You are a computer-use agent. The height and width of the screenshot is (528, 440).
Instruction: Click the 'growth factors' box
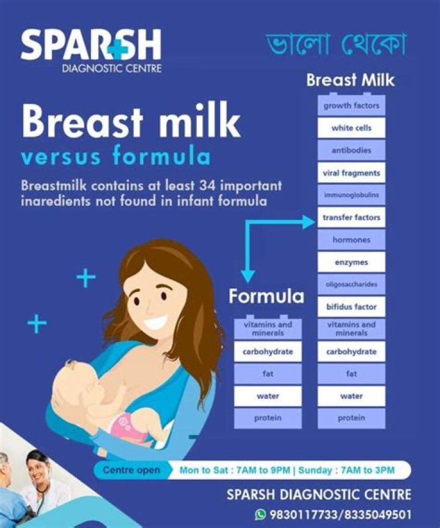tap(351, 106)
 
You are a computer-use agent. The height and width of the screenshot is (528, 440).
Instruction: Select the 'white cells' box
tap(351, 128)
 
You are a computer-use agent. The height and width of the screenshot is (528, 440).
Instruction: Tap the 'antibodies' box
tap(351, 151)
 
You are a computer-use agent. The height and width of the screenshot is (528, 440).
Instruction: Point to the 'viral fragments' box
tap(351, 173)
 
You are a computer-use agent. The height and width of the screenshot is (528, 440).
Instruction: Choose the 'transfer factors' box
tap(351, 217)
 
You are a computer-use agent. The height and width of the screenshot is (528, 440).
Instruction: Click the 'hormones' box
tap(351, 240)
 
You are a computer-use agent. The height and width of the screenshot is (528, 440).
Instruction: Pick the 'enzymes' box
tap(351, 262)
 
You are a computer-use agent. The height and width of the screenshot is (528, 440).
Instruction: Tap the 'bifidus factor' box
tap(351, 307)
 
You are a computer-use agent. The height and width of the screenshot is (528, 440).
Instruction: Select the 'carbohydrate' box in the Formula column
tap(268, 352)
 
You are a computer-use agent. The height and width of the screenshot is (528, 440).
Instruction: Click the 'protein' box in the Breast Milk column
tap(351, 418)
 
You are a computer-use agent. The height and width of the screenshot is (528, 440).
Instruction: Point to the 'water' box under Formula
tap(268, 396)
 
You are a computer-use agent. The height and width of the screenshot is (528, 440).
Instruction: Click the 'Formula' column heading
tap(266, 297)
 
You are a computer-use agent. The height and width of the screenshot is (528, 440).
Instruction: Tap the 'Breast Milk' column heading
tap(350, 80)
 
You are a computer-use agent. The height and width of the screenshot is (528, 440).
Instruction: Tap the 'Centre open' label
tap(132, 470)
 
